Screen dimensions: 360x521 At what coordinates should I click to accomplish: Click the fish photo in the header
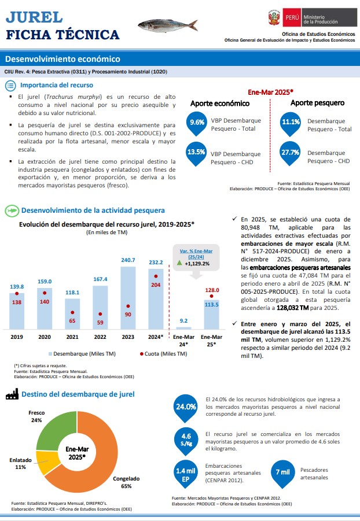(168, 25)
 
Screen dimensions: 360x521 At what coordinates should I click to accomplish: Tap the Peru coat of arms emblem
(274, 17)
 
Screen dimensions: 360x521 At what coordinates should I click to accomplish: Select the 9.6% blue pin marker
(197, 124)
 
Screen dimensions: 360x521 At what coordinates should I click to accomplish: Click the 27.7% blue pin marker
(290, 153)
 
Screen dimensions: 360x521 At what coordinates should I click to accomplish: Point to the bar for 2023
(128, 298)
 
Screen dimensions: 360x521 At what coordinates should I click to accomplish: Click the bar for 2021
(72, 314)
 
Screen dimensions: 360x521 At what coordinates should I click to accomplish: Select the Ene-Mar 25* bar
(212, 315)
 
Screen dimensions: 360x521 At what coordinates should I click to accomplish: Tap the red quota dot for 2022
(100, 314)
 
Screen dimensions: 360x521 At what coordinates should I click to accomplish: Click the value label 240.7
(128, 260)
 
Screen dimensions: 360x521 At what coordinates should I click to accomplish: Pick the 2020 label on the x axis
(45, 337)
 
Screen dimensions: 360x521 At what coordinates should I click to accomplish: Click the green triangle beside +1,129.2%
(179, 263)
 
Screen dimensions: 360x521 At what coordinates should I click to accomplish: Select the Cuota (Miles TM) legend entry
(163, 354)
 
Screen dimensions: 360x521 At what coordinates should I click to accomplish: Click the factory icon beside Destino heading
(12, 394)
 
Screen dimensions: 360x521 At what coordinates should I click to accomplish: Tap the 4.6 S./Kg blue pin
(186, 440)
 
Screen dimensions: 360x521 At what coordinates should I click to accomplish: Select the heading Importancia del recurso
(57, 85)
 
